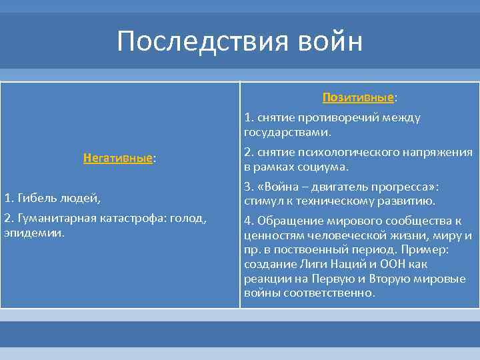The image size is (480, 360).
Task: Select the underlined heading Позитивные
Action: pyautogui.click(x=357, y=98)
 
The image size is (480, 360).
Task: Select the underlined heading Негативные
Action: pyautogui.click(x=118, y=159)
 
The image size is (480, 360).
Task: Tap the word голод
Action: pyautogui.click(x=189, y=219)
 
